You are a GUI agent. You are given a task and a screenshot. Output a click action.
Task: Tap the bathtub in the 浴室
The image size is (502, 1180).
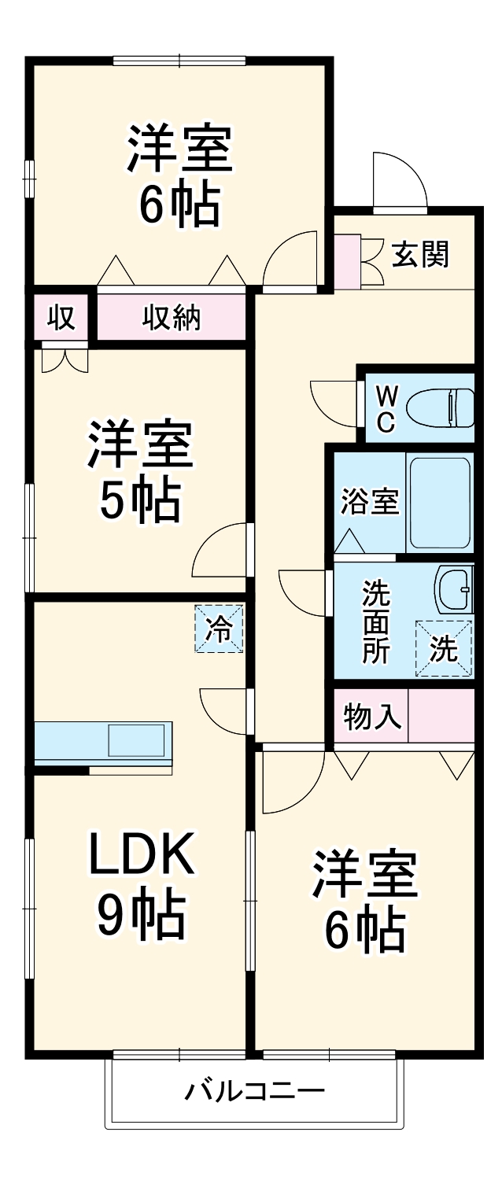click(x=440, y=503)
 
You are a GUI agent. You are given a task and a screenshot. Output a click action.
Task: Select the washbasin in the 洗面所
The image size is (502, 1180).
click(x=455, y=589)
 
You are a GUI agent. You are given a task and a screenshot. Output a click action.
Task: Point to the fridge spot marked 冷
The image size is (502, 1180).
click(x=219, y=628)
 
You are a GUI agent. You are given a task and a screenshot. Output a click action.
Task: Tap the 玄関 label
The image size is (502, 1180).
click(x=420, y=254)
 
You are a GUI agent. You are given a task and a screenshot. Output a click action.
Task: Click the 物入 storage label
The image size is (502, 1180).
click(x=373, y=717)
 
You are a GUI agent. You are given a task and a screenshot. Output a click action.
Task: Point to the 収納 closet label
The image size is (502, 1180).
click(x=172, y=318)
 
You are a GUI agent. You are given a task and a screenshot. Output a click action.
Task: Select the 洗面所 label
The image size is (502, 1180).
click(x=375, y=621)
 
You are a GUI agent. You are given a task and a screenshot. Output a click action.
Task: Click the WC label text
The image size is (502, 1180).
click(x=386, y=407)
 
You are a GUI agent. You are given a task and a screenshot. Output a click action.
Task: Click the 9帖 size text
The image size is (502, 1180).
click(x=141, y=914)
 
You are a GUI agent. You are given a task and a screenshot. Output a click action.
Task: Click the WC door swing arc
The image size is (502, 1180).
click(x=334, y=401)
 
